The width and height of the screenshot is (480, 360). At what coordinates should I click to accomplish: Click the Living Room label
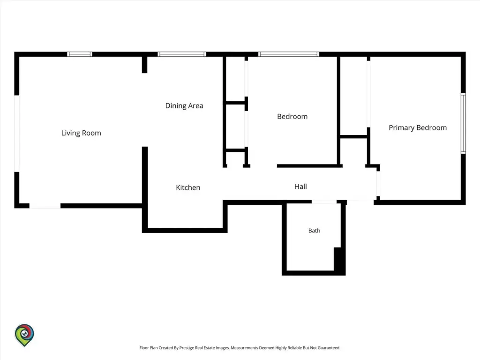pyautogui.click(x=81, y=133)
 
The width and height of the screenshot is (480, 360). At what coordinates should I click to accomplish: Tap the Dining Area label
pyautogui.click(x=184, y=106)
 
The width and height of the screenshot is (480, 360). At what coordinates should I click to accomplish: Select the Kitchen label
pyautogui.click(x=188, y=187)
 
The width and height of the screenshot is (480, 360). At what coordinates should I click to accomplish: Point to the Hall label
pyautogui.click(x=300, y=187)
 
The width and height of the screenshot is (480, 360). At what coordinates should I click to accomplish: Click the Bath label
pyautogui.click(x=314, y=231)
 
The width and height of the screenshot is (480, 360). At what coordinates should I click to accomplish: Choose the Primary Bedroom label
pyautogui.click(x=418, y=127)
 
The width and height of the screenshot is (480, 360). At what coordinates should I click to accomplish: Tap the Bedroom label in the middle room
pyautogui.click(x=292, y=117)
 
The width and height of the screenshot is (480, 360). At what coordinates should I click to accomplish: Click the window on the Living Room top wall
pyautogui.click(x=80, y=54)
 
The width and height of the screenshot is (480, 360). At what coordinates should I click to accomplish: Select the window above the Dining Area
pyautogui.click(x=182, y=54)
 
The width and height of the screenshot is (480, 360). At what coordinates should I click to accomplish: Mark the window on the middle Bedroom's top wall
pyautogui.click(x=289, y=54)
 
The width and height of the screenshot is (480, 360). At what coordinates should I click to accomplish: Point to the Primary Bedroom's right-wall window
pyautogui.click(x=464, y=123)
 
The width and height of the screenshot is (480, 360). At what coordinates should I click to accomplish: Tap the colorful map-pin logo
pyautogui.click(x=24, y=335)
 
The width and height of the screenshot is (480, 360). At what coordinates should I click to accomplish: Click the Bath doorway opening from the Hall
pyautogui.click(x=324, y=202)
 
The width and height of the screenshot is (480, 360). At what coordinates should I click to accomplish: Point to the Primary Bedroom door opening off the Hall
pyautogui.click(x=378, y=184)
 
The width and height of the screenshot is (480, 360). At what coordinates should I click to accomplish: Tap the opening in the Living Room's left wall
pyautogui.click(x=17, y=134)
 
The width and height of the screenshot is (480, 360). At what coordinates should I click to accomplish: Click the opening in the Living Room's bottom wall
pyautogui.click(x=45, y=206)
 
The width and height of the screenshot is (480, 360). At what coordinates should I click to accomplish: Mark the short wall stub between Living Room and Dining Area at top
pyautogui.click(x=144, y=65)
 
